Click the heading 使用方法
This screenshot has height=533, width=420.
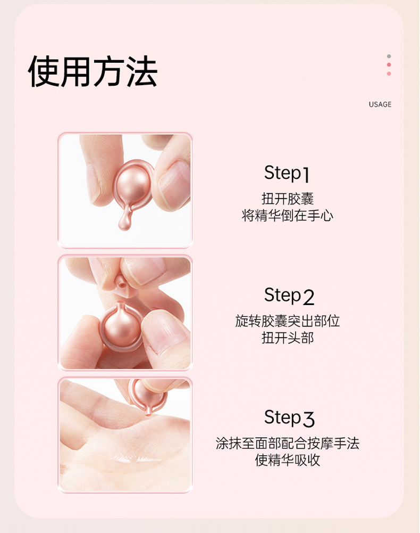[x=93, y=71]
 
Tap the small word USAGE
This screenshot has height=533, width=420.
[x=380, y=104]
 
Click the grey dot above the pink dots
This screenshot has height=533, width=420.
[x=389, y=56]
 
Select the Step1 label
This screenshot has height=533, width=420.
[x=287, y=173]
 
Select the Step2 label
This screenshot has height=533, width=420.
[x=289, y=296]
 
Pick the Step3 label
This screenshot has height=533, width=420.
[x=289, y=418]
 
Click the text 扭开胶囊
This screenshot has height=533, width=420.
[x=288, y=199]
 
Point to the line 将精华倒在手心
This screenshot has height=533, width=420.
[x=288, y=216]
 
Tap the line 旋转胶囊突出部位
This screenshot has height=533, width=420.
[x=288, y=321]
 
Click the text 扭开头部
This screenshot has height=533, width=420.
[x=288, y=338]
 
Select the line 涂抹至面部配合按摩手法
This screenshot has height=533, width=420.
[x=288, y=443]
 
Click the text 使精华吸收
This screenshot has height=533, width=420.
[x=288, y=460]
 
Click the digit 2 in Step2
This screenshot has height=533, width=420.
[x=308, y=298]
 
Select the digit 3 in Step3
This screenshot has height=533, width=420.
[x=308, y=420]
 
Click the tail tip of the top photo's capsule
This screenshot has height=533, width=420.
[x=123, y=228]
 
